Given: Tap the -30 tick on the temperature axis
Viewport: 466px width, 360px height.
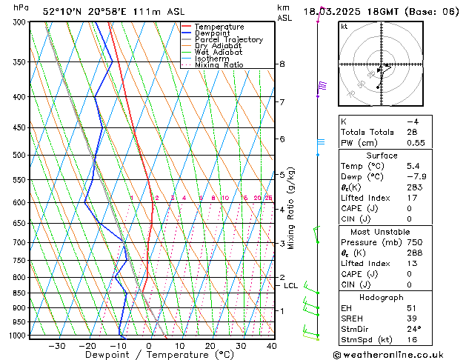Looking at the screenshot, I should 57,346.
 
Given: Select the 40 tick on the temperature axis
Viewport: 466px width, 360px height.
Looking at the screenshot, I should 272,346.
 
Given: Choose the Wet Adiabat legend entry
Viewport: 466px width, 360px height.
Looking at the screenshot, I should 219,52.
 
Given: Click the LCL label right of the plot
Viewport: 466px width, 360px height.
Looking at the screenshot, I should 290,285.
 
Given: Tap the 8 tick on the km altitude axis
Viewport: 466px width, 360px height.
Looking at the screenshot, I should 282,64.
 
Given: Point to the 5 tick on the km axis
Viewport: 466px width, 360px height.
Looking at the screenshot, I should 282,175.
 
